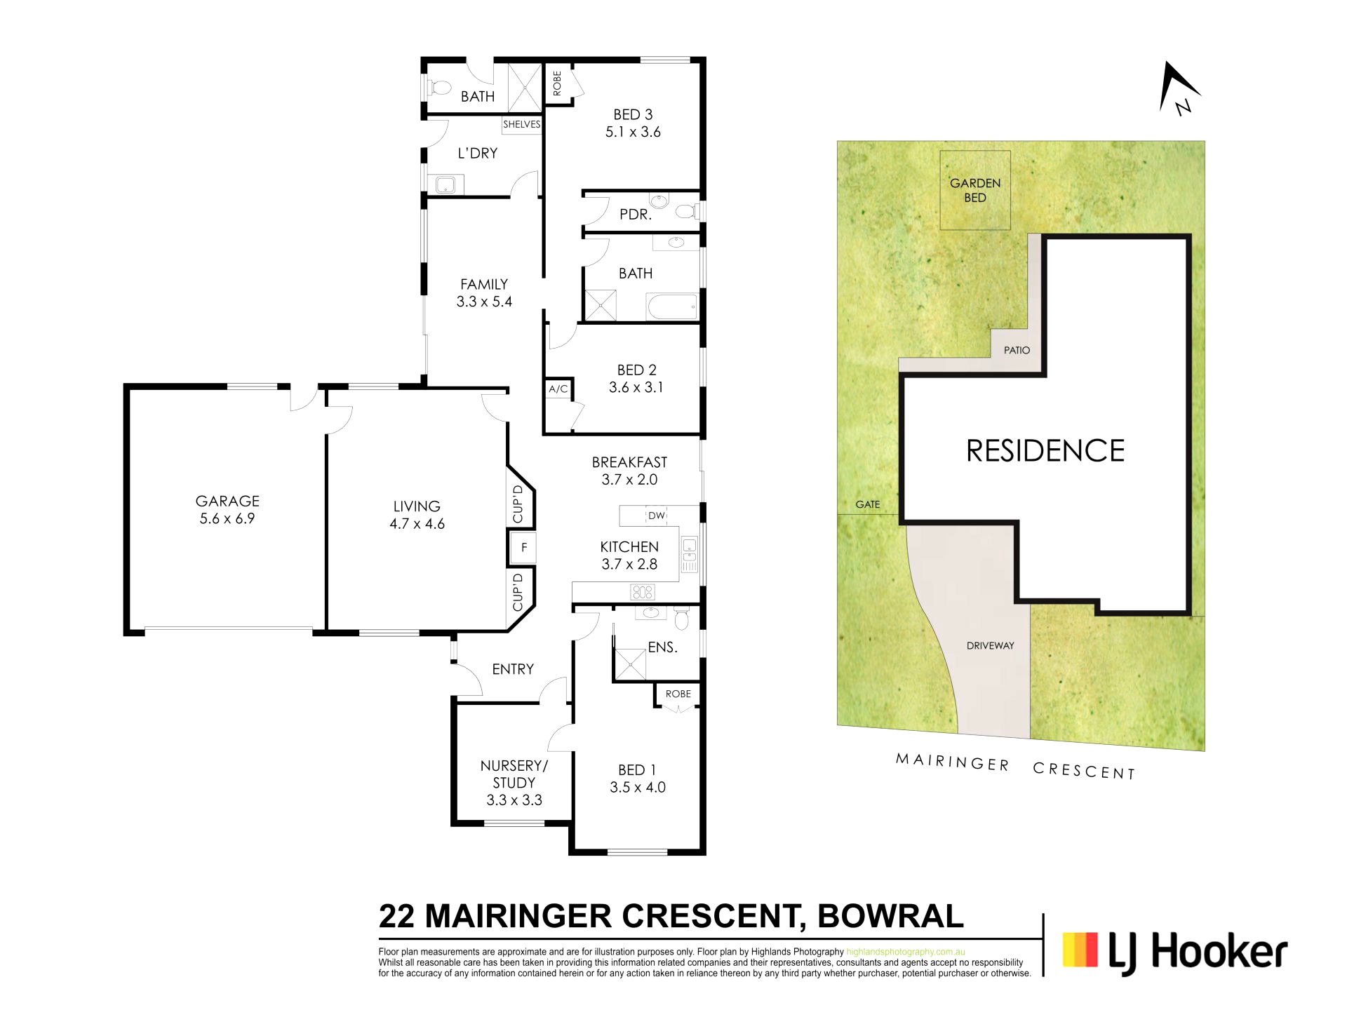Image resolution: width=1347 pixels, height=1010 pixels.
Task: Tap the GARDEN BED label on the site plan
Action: pyautogui.click(x=975, y=190)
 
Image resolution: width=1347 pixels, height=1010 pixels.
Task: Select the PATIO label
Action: pyautogui.click(x=1017, y=350)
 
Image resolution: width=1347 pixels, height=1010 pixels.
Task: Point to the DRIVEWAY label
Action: pyautogui.click(x=990, y=645)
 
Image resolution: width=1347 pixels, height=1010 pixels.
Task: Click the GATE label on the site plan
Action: pyautogui.click(x=868, y=504)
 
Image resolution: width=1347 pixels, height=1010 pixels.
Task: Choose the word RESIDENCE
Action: pyautogui.click(x=1045, y=450)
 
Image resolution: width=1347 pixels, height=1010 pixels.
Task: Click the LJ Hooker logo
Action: pyautogui.click(x=1175, y=952)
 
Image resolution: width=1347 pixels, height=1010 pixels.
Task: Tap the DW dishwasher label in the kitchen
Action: pyautogui.click(x=657, y=516)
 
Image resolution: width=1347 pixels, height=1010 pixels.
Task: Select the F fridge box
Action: pyautogui.click(x=523, y=547)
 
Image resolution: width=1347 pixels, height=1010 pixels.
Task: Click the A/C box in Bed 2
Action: pyautogui.click(x=558, y=389)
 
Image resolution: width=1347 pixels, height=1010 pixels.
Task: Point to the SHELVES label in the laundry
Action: pyautogui.click(x=522, y=124)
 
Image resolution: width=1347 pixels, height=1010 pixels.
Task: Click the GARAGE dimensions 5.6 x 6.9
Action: pyautogui.click(x=227, y=519)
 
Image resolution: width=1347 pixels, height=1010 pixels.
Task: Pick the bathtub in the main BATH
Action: pyautogui.click(x=672, y=307)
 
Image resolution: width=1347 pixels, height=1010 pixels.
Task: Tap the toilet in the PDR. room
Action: pyautogui.click(x=685, y=210)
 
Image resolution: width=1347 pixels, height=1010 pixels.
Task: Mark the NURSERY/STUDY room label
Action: pyautogui.click(x=514, y=774)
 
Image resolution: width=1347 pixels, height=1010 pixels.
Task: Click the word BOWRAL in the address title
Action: pyautogui.click(x=890, y=916)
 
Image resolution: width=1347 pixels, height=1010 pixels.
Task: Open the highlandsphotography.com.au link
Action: pyautogui.click(x=906, y=952)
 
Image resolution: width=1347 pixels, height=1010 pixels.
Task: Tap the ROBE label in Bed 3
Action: pyautogui.click(x=557, y=83)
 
